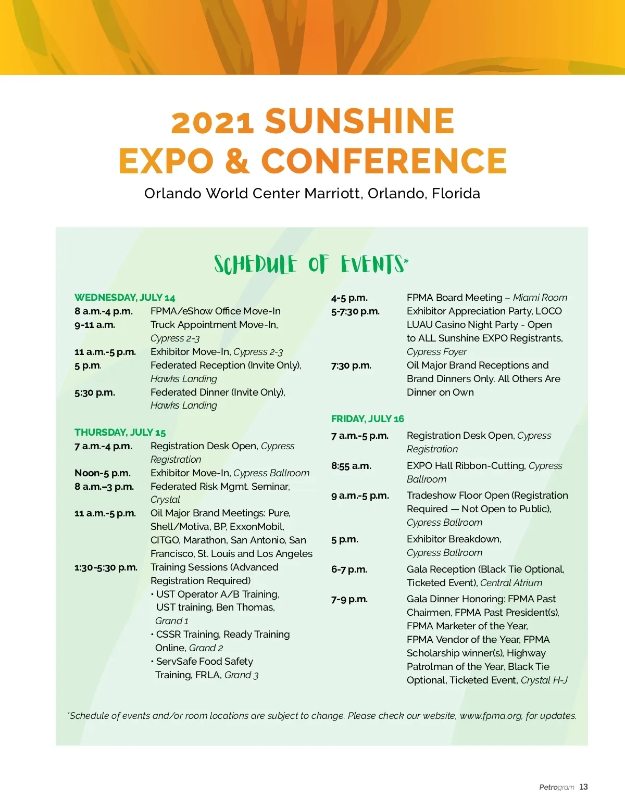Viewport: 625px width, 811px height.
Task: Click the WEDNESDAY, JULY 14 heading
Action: coord(124,298)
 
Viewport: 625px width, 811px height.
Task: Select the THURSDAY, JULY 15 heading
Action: coord(120,433)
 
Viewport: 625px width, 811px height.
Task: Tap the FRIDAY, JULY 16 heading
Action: coord(367,419)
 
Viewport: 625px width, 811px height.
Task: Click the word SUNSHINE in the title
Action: coord(360,121)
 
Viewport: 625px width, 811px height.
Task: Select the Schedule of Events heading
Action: coord(311,264)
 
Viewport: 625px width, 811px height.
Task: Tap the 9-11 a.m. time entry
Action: coord(95,325)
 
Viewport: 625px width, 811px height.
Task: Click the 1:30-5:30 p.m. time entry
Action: coord(106,567)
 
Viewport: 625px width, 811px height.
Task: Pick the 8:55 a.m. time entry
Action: coord(351,466)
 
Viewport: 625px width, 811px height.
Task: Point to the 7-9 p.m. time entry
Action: coord(349,599)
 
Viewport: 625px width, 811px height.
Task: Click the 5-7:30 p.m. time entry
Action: coord(355,311)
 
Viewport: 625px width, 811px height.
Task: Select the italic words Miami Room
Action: coord(540,298)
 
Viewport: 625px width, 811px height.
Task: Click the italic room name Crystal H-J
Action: coord(544,680)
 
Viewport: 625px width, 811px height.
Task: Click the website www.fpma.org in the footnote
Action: coord(491,716)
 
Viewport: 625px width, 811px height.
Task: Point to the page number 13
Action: coord(583,787)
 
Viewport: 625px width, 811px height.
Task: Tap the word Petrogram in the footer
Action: coord(556,787)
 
